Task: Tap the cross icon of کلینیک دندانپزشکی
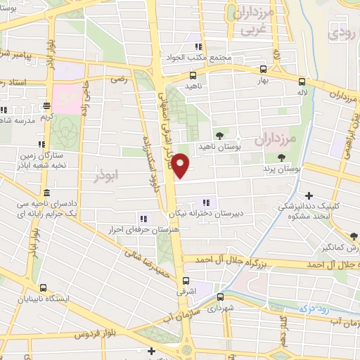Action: pyautogui.click(x=309, y=195)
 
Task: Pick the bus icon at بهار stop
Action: pyautogui.click(x=263, y=70)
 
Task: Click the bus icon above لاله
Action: pyautogui.click(x=302, y=81)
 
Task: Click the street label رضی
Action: pyautogui.click(x=120, y=79)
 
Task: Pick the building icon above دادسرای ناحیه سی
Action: pyautogui.click(x=46, y=193)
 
